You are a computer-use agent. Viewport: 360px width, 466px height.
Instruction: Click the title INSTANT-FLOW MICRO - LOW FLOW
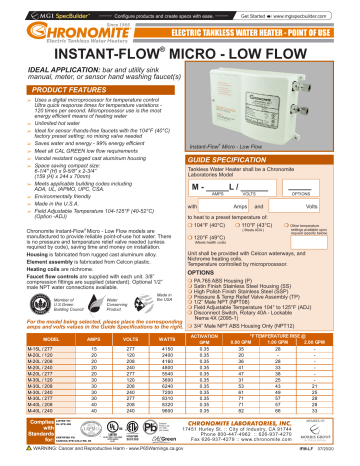click(179, 49)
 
